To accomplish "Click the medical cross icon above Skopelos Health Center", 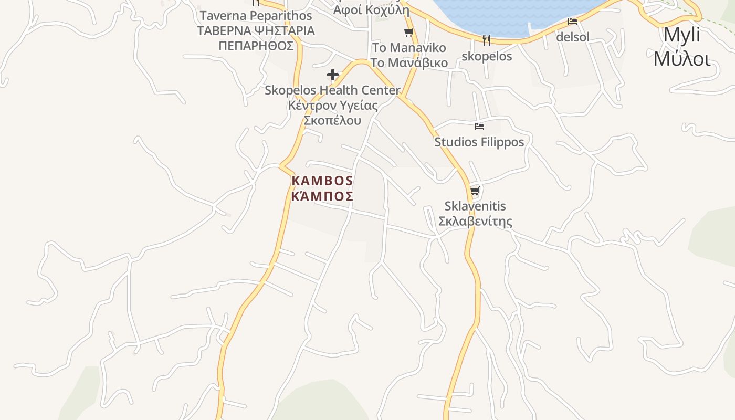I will (x=332, y=75).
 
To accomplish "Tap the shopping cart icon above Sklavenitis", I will (x=475, y=191).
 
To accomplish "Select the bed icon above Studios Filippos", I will (x=479, y=127).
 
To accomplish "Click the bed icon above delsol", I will (x=573, y=22).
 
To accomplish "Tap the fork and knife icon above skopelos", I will (x=487, y=40).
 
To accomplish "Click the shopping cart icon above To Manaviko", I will (x=409, y=32).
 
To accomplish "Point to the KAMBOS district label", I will (x=322, y=181).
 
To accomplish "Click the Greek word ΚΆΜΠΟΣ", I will (x=322, y=196).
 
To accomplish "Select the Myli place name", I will (x=682, y=35).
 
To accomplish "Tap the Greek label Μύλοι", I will (x=682, y=58).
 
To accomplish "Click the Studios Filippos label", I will (x=479, y=142).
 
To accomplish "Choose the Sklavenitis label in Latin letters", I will (x=475, y=206).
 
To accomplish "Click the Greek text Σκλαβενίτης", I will (x=475, y=221).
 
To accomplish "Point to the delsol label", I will (x=573, y=37).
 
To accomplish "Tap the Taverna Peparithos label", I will (x=256, y=16).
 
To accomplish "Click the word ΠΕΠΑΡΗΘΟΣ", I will (x=256, y=46).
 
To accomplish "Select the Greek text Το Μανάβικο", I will (x=409, y=63).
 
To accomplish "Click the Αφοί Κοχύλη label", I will (x=371, y=10).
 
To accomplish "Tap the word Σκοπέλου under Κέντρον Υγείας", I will (x=332, y=120).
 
